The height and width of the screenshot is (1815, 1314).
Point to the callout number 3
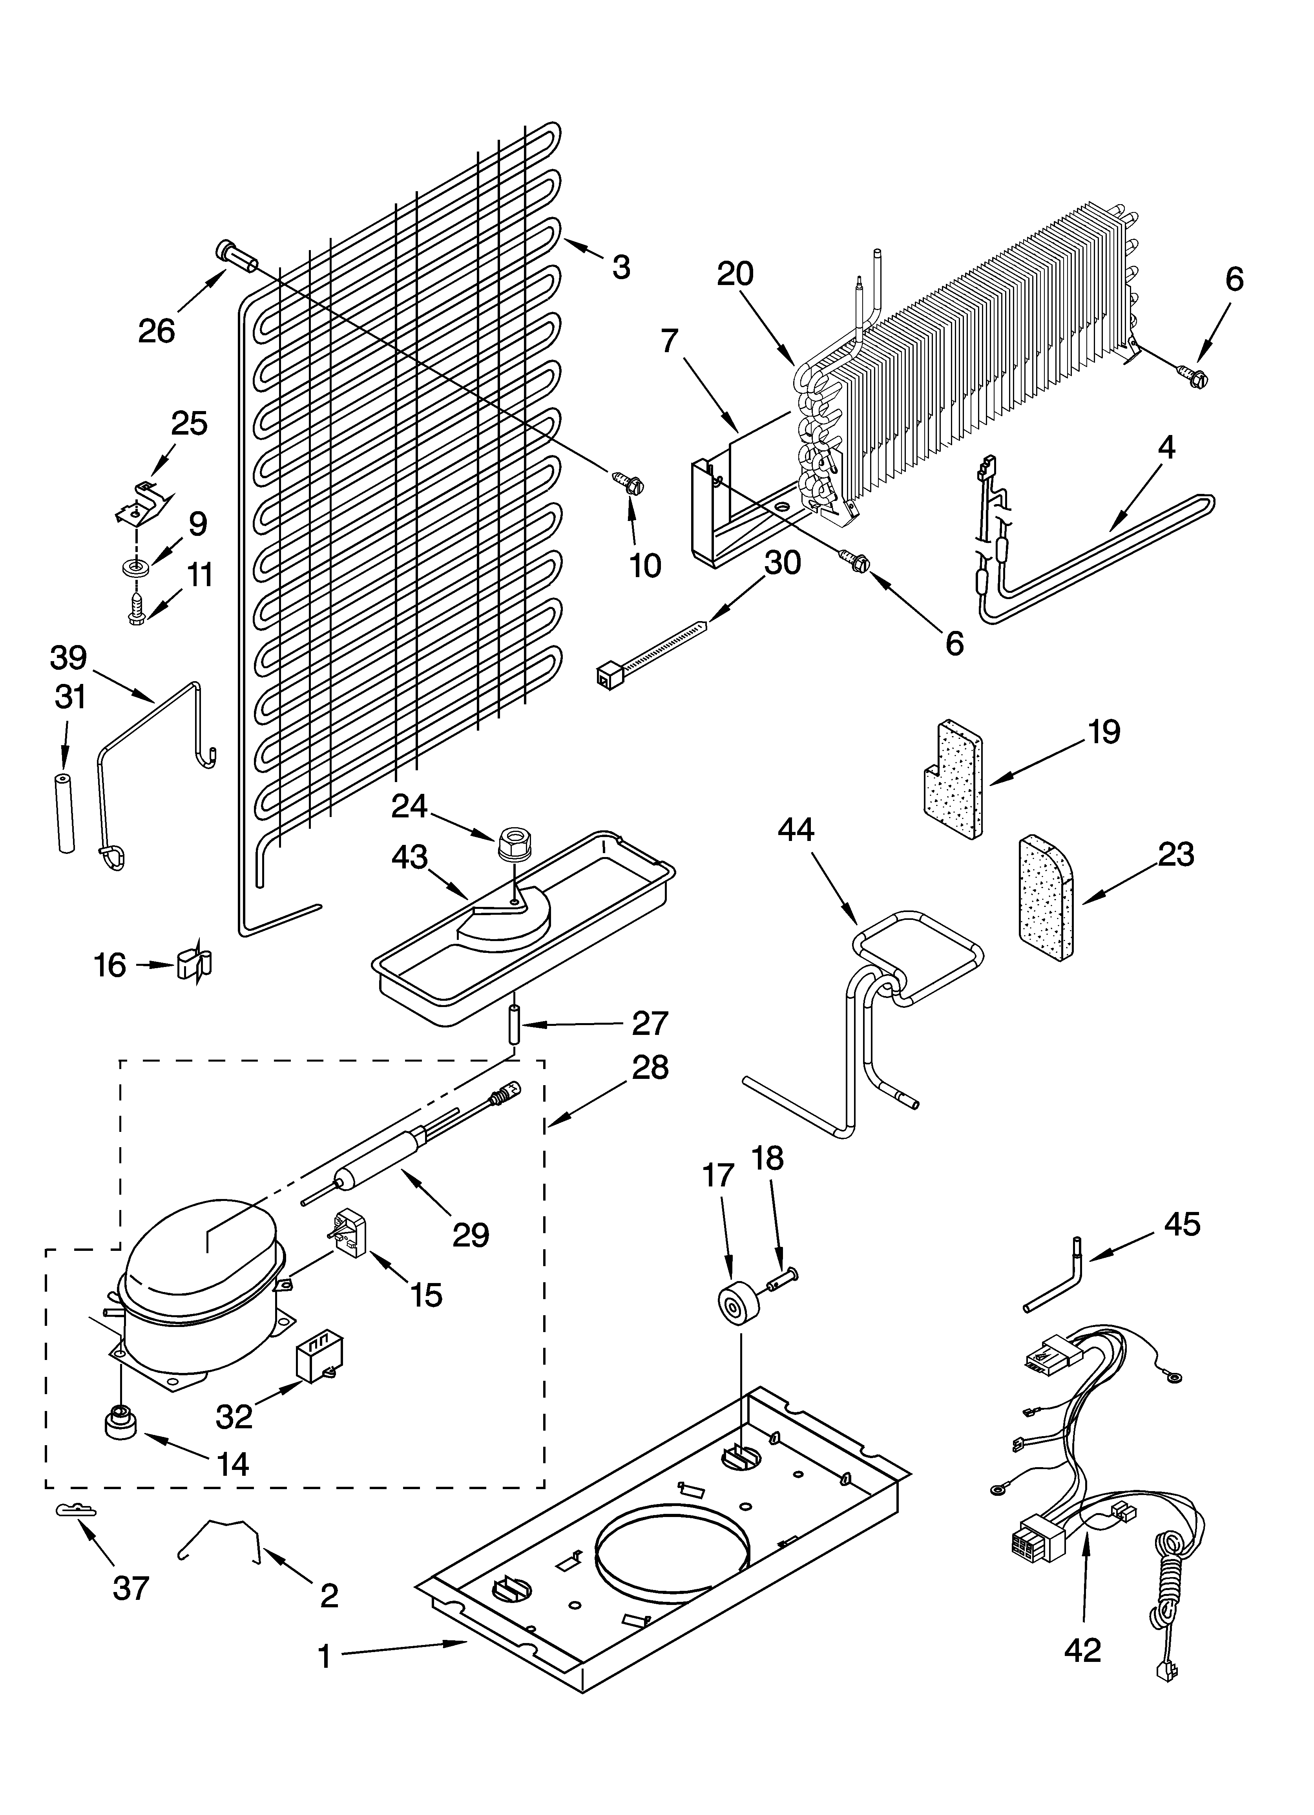point(621,267)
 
